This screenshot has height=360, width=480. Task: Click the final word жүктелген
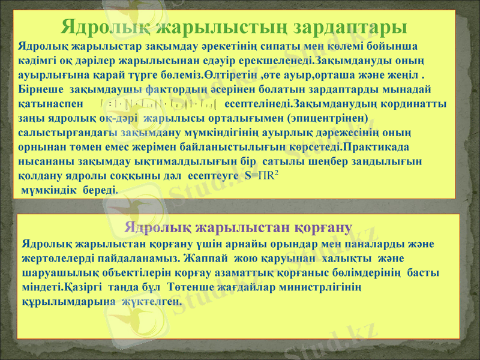[x=150, y=301]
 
